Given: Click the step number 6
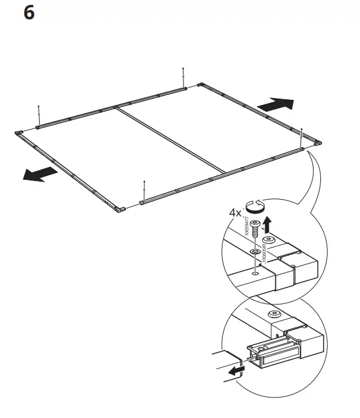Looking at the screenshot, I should [x=28, y=13].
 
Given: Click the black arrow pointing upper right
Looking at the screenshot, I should [x=274, y=104].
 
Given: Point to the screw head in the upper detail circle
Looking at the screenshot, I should [x=254, y=226].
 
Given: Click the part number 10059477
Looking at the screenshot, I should [x=248, y=228].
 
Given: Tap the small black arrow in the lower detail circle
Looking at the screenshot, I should [x=234, y=371].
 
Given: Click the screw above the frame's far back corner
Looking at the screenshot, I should [x=184, y=77].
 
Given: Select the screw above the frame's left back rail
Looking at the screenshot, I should [x=39, y=114].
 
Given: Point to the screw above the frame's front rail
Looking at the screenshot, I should [x=144, y=190].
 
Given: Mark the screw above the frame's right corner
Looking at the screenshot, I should [x=301, y=137].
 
